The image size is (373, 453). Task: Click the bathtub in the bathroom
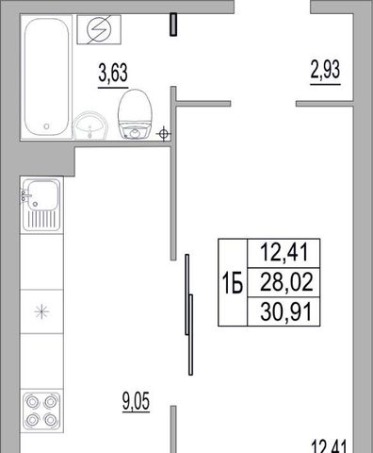(x=46, y=76)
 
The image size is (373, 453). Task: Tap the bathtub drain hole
(x=46, y=126)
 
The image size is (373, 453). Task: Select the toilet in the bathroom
(x=135, y=114)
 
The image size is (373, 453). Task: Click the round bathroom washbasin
(x=90, y=126)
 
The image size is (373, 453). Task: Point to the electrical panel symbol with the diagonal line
(x=99, y=29)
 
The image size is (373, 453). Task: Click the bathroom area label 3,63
(x=113, y=74)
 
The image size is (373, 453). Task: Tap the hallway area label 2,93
(x=325, y=70)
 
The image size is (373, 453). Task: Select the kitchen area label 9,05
(x=136, y=401)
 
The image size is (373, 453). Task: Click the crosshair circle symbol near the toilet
(x=163, y=134)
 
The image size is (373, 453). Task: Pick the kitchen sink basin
(x=43, y=195)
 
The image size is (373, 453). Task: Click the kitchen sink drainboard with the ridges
(x=41, y=219)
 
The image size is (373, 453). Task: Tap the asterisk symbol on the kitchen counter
(x=41, y=311)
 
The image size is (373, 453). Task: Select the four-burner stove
(x=41, y=411)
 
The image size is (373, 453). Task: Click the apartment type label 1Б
(x=233, y=283)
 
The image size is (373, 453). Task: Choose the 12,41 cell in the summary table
(x=284, y=253)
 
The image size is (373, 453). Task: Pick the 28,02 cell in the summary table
(x=284, y=282)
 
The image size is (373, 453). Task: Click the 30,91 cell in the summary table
(x=284, y=311)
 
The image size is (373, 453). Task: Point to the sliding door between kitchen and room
(x=189, y=314)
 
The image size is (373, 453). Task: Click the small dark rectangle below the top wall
(x=173, y=25)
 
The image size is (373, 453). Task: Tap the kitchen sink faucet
(x=26, y=195)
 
